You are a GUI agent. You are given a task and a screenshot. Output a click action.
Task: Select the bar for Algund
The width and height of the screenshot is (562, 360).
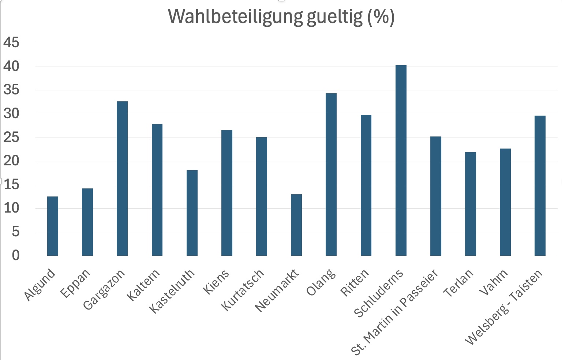[x=53, y=226]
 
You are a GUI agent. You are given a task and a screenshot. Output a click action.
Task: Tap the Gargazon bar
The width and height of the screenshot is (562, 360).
[x=122, y=178]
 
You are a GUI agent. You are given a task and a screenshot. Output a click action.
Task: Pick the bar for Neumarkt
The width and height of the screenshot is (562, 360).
[x=296, y=225]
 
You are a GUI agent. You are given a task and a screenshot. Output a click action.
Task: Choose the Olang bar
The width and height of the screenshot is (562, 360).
[x=331, y=174]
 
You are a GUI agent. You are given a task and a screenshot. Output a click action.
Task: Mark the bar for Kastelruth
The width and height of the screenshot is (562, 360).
[x=192, y=213]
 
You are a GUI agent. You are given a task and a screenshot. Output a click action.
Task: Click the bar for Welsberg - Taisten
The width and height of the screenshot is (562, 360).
[x=540, y=185]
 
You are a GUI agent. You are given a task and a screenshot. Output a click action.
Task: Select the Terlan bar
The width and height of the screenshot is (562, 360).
[x=471, y=204]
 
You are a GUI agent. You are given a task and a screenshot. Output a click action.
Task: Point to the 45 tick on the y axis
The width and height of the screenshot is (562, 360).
[x=11, y=43]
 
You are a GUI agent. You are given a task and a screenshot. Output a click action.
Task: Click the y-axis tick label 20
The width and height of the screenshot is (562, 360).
[x=11, y=161]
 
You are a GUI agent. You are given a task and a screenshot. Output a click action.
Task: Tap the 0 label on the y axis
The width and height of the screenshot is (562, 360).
[x=15, y=255]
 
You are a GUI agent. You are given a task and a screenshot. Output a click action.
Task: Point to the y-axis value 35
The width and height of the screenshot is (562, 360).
[x=11, y=90]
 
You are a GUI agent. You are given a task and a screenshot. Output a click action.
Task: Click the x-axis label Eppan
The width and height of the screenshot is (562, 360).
[x=75, y=284]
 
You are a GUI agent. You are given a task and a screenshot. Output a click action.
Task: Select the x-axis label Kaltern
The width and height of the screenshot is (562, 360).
[x=143, y=285]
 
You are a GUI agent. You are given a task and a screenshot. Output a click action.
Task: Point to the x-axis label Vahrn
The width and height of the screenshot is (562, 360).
[x=494, y=282]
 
